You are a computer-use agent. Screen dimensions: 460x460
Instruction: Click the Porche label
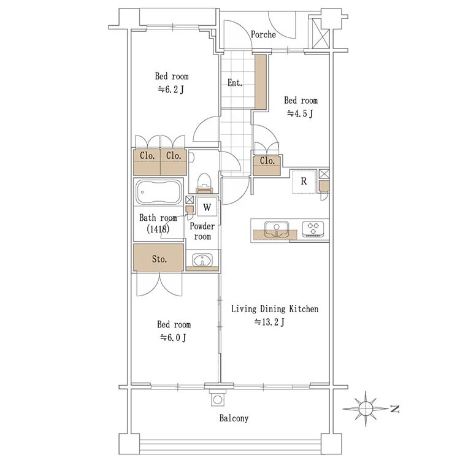click(263, 34)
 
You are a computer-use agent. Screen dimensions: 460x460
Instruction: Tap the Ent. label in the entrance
click(235, 83)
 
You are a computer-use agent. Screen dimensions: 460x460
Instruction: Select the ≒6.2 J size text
click(171, 89)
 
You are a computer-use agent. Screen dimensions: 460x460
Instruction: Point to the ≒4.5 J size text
click(300, 113)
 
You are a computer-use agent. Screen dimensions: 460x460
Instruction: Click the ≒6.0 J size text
click(173, 338)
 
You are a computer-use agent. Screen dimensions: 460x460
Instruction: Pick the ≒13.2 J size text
click(269, 322)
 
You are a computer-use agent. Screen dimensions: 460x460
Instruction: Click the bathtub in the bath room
click(158, 192)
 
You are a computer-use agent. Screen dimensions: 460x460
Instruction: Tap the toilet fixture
click(204, 183)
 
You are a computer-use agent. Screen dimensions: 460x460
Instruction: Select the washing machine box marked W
click(207, 207)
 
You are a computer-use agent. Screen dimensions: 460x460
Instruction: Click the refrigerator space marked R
click(304, 182)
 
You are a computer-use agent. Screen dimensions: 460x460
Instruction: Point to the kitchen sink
click(277, 229)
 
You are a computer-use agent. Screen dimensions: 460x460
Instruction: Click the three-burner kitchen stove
click(313, 229)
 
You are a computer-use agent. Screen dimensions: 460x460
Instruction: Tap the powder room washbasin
click(202, 260)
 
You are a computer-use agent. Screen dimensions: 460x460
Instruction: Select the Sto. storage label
click(159, 259)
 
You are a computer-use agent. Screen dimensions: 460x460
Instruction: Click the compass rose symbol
click(366, 408)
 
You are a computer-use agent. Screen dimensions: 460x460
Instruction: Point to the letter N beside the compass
click(395, 408)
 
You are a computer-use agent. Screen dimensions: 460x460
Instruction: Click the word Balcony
click(234, 418)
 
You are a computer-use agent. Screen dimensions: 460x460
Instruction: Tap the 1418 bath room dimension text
click(158, 229)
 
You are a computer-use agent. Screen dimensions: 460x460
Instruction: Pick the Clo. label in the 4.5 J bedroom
click(267, 161)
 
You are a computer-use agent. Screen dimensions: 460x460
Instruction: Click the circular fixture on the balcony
click(217, 399)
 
